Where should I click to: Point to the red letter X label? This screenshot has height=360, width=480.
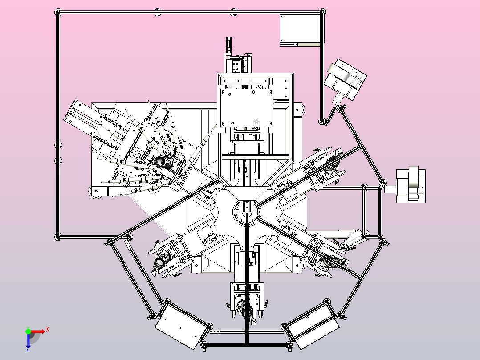48,330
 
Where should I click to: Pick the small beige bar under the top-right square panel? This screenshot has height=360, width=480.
309,45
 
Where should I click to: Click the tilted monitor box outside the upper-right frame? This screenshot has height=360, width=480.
346,79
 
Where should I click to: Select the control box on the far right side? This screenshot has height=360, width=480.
411,186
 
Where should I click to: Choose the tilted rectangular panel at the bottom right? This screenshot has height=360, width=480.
312,325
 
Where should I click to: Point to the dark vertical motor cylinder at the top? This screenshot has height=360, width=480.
228,45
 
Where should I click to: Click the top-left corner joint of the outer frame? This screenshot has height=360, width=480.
58,12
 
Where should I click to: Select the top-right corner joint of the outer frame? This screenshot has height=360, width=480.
323,12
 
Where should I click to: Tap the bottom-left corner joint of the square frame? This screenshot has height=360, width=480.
57,237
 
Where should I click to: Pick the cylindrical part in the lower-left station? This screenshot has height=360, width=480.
161,261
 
